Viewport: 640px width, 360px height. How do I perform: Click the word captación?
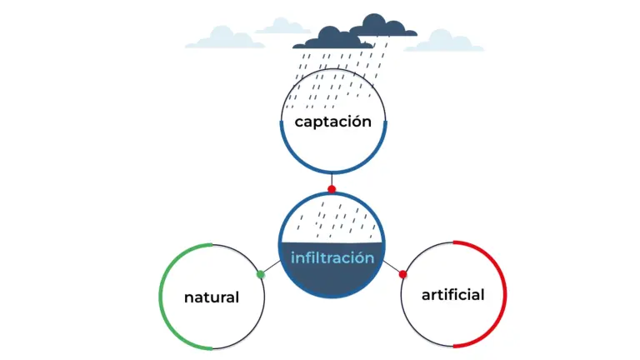[332, 122]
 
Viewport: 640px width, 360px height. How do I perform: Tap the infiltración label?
[332, 257]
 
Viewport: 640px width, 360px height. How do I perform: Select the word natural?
[211, 297]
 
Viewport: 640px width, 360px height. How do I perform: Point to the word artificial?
[452, 295]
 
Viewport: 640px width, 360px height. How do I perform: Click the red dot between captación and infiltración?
[332, 189]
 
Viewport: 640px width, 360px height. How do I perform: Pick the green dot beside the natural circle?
[260, 274]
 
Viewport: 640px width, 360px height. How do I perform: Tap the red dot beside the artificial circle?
[402, 274]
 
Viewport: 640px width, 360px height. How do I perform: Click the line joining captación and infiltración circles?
[332, 180]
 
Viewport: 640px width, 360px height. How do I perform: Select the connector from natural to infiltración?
[270, 268]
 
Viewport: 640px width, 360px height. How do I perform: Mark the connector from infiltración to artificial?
[392, 269]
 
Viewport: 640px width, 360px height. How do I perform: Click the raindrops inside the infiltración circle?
[332, 222]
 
